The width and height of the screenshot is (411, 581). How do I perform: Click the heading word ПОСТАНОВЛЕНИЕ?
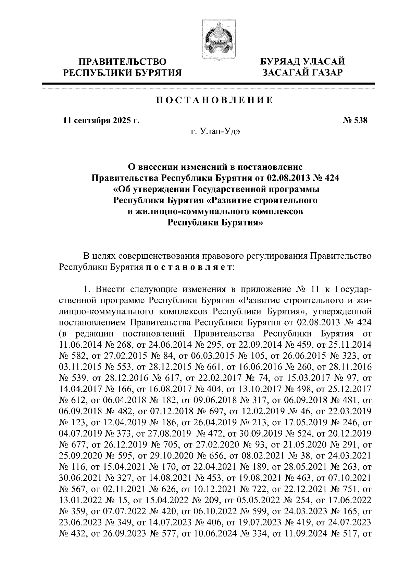coord(215,101)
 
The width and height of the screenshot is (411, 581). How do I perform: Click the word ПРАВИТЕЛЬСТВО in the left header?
coord(123,62)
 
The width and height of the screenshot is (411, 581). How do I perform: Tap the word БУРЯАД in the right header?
coord(280,62)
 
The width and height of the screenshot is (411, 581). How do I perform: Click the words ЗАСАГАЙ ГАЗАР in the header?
coord(302,73)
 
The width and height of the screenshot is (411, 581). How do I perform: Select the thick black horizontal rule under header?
coord(208,83)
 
